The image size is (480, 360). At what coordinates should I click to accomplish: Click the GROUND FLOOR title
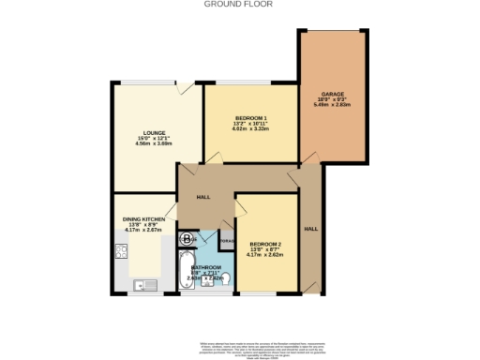(240, 4)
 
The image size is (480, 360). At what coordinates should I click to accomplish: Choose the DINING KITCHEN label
(143, 219)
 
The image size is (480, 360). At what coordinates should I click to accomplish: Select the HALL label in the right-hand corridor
(311, 229)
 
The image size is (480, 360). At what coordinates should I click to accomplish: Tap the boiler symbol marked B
(187, 238)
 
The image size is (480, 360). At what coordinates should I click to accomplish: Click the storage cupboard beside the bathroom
(227, 242)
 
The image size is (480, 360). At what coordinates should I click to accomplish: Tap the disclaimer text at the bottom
(240, 346)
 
